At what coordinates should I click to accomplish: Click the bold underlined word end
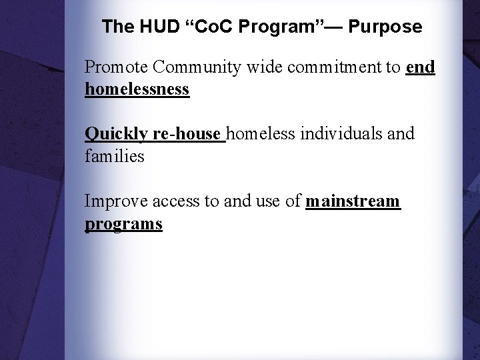pyautogui.click(x=420, y=67)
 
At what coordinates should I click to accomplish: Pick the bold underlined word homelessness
pyautogui.click(x=137, y=89)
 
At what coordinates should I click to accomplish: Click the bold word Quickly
pyautogui.click(x=116, y=134)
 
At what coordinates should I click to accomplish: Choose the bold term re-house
pyautogui.click(x=187, y=134)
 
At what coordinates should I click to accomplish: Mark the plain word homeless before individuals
pyautogui.click(x=263, y=134)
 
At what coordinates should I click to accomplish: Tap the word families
pyautogui.click(x=115, y=157)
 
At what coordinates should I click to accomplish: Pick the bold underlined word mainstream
pyautogui.click(x=353, y=201)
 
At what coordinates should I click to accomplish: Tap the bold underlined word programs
pyautogui.click(x=124, y=224)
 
